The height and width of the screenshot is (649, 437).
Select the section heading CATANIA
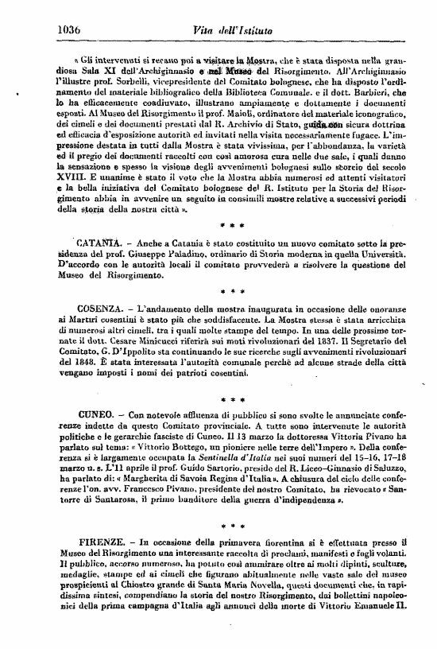pos(98,242)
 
